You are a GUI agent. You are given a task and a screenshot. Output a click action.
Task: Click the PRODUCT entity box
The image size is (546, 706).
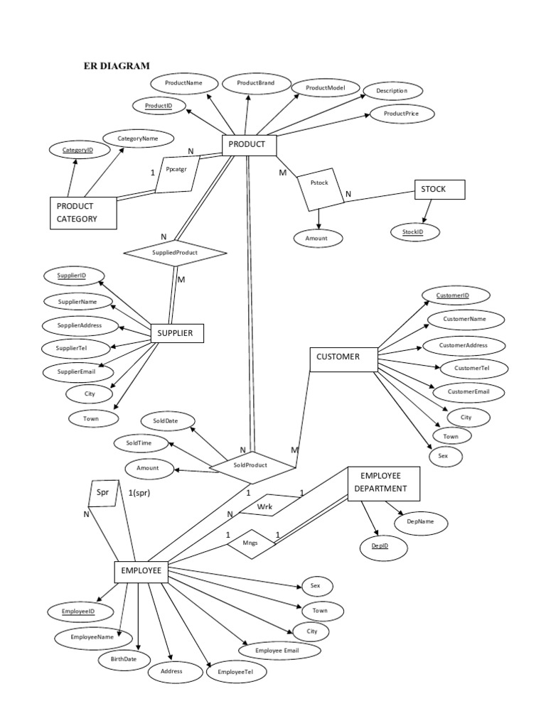[x=248, y=145]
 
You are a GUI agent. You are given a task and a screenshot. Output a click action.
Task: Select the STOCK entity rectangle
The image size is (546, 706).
[x=439, y=190]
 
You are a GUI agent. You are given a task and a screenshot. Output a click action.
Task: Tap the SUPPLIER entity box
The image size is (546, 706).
[x=177, y=333]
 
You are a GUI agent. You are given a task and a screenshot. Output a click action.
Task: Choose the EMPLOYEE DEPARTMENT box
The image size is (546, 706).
[x=384, y=484]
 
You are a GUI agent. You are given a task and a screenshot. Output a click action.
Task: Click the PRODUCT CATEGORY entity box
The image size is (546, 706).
[x=84, y=213]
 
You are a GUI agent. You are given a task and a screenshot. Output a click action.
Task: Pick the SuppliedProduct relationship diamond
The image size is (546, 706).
[x=175, y=252]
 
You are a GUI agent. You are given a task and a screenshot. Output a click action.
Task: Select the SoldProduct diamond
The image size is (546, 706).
[x=250, y=465]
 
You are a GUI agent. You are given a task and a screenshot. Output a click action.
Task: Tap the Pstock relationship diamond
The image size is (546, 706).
[x=320, y=188]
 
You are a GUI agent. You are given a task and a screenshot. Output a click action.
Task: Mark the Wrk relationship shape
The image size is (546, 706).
[x=264, y=506]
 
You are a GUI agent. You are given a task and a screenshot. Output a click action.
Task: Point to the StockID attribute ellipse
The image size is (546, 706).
[x=416, y=232]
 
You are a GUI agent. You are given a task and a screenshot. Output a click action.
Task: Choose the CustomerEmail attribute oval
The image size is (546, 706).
[x=466, y=392]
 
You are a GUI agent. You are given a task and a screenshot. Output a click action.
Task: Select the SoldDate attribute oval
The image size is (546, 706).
[x=169, y=421]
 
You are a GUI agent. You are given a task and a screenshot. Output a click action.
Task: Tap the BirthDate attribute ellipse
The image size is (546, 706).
[x=124, y=659]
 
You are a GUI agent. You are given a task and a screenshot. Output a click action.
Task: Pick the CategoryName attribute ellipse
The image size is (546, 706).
[x=137, y=139]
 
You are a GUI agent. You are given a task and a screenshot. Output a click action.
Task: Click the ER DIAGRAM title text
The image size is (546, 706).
[x=117, y=66]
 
